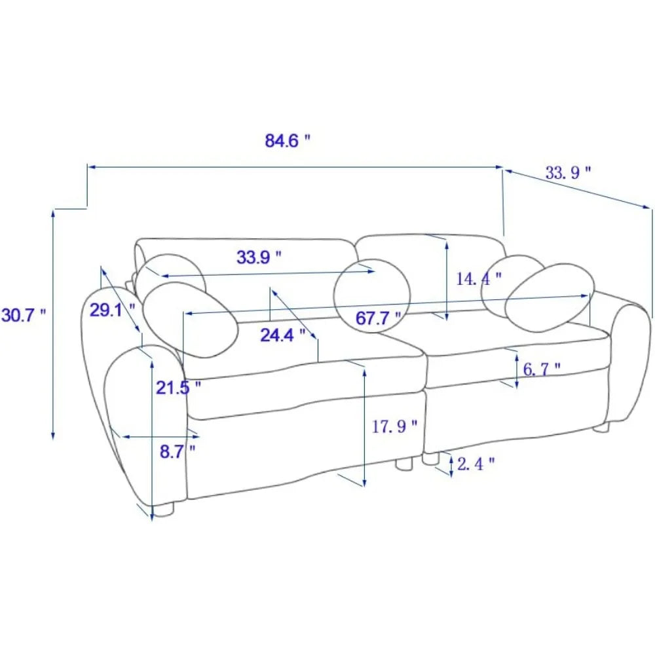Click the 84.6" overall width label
(x=288, y=141)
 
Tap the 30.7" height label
(x=24, y=315)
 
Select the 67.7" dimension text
(x=378, y=318)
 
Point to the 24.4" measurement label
(x=283, y=335)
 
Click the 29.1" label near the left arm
(x=113, y=310)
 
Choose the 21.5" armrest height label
(x=178, y=388)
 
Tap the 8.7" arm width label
(x=178, y=451)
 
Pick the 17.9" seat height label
(x=394, y=426)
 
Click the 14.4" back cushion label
(x=478, y=278)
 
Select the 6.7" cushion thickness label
(x=542, y=369)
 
